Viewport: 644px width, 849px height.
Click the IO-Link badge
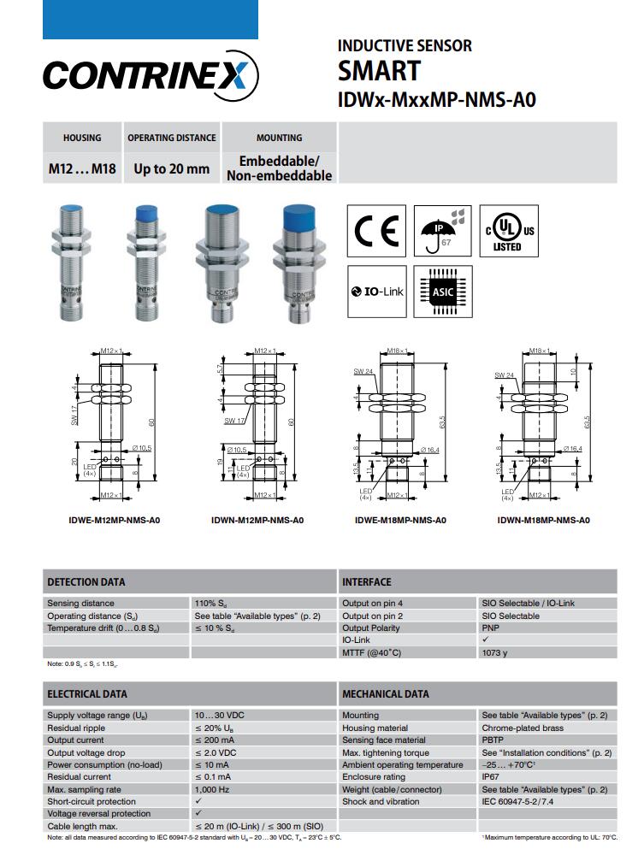pos(377,292)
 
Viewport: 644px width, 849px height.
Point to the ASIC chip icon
pos(441,292)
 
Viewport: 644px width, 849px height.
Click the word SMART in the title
pos(379,71)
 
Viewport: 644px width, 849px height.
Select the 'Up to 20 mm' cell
pos(171,168)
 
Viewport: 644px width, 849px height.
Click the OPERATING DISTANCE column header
pos(171,138)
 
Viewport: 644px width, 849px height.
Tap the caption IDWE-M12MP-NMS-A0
pos(114,520)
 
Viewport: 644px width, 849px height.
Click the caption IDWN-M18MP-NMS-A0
pos(543,520)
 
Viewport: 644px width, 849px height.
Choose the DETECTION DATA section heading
pos(86,582)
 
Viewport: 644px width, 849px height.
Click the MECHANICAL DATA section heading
pos(386,694)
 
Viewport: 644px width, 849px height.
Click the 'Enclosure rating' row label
pos(374,777)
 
